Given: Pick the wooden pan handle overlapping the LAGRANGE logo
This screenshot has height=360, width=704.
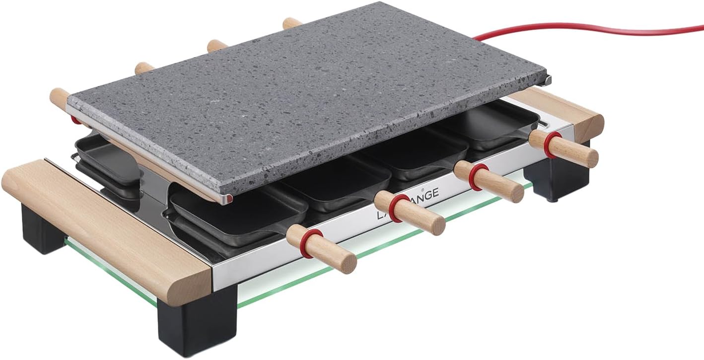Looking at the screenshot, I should [x=410, y=213].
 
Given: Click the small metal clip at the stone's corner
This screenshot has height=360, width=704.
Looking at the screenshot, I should [x=547, y=79].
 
